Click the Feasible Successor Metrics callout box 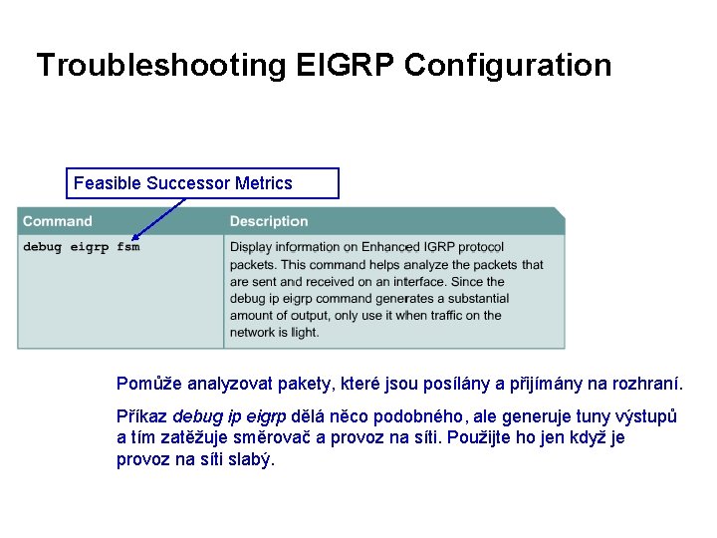205,183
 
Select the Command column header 57,221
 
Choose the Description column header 269,221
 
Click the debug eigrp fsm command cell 82,247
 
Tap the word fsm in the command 128,247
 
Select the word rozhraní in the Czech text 650,384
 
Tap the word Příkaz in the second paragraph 142,416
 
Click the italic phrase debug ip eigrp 230,416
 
